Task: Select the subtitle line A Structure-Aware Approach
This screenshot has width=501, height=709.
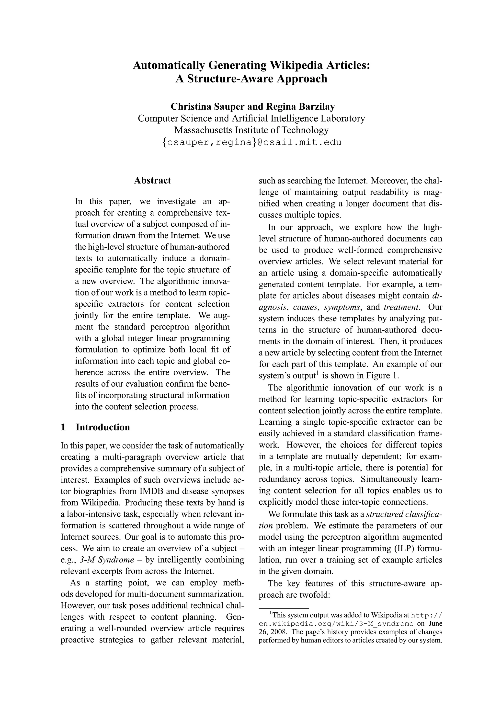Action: point(251,79)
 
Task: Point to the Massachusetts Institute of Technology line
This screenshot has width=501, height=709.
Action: point(251,130)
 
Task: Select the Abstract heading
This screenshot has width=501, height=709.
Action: point(152,181)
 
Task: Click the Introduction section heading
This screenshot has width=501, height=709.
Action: point(103,427)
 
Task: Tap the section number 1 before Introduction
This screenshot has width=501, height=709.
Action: point(64,427)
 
